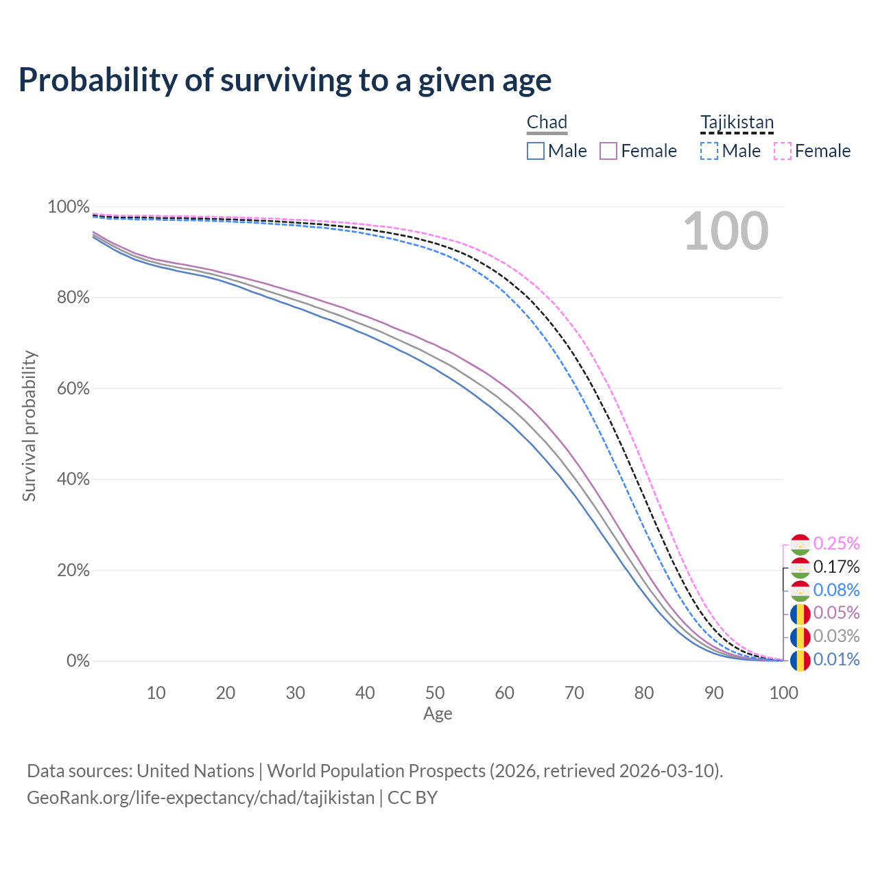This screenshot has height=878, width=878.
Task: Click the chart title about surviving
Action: click(285, 80)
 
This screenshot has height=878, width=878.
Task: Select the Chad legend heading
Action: click(547, 122)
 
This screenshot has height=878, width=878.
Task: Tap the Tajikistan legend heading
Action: click(737, 122)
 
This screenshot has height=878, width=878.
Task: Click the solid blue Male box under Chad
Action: click(536, 151)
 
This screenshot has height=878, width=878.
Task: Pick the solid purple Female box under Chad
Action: click(608, 151)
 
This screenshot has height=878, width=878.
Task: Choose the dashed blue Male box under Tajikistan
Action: click(709, 151)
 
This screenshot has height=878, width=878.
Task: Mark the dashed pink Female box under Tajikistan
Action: click(783, 151)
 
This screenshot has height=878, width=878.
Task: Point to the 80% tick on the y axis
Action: click(69, 298)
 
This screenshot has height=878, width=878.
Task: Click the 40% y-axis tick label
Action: click(69, 479)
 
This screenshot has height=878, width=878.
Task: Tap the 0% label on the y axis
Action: click(78, 661)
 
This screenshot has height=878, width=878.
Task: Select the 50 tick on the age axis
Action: click(435, 693)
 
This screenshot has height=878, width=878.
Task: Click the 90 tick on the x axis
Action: click(714, 693)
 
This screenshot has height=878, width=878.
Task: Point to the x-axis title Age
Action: click(438, 714)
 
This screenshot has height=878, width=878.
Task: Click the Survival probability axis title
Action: click(29, 426)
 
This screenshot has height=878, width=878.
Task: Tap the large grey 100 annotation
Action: click(726, 232)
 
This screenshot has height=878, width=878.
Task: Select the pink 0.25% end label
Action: click(836, 543)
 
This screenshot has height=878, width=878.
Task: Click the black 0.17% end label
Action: click(836, 567)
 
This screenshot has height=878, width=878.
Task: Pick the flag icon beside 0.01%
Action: click(800, 660)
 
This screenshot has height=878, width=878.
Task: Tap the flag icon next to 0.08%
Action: click(800, 590)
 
